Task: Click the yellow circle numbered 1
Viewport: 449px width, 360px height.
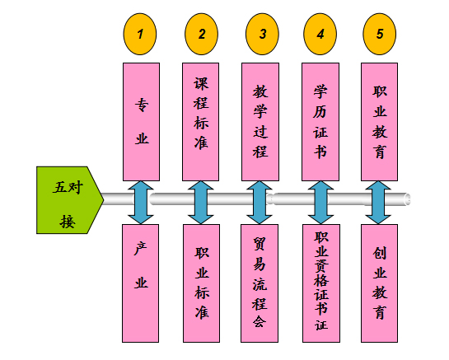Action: coord(140,34)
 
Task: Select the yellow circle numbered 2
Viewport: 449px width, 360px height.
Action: coord(201,34)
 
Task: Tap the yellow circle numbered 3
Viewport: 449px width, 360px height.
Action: coord(262,34)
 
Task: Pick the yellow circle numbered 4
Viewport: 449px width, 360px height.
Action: coord(320,34)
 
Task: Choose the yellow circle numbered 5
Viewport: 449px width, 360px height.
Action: coord(380,34)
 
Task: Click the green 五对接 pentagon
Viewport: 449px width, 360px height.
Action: coord(70,200)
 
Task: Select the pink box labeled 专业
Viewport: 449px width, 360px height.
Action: coord(141,122)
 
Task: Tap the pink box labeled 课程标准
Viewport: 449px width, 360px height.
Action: coord(201,122)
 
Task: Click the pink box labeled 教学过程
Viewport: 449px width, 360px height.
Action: coord(260,122)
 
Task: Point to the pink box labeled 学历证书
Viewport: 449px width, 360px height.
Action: coord(320,122)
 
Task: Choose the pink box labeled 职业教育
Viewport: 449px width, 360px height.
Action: coord(380,122)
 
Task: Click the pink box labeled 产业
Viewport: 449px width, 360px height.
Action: coord(140,283)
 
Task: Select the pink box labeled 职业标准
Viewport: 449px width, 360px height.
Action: coord(202,283)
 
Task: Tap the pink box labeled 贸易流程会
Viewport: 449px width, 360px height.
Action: coord(260,283)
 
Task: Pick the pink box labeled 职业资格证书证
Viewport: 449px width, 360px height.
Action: coord(321,283)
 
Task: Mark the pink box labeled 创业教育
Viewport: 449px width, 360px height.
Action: coord(380,283)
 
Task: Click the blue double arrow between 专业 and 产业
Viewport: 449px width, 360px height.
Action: coord(141,203)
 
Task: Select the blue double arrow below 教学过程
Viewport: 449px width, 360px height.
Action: coord(260,203)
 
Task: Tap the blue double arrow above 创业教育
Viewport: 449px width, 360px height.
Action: coord(378,203)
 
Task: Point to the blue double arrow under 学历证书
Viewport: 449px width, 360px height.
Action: coord(320,203)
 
